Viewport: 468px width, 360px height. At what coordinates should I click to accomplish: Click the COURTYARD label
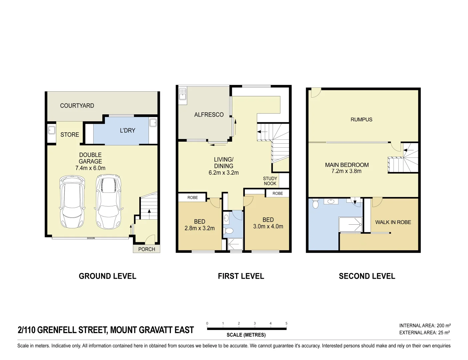pyautogui.click(x=77, y=106)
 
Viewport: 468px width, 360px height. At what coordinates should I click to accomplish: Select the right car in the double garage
pyautogui.click(x=109, y=202)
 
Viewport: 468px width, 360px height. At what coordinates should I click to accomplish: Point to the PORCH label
pyautogui.click(x=147, y=249)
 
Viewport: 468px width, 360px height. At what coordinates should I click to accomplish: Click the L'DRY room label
pyautogui.click(x=128, y=130)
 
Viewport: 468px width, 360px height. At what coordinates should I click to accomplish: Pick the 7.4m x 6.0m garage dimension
pyautogui.click(x=90, y=168)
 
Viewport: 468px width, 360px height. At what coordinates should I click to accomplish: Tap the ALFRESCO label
pyautogui.click(x=209, y=115)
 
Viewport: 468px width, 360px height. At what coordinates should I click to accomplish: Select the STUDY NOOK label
pyautogui.click(x=270, y=181)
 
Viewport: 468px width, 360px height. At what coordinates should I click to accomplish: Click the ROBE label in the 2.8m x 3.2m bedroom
pyautogui.click(x=193, y=198)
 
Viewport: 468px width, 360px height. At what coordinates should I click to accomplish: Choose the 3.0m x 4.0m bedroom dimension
pyautogui.click(x=268, y=226)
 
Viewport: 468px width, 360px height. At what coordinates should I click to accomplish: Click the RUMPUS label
pyautogui.click(x=361, y=119)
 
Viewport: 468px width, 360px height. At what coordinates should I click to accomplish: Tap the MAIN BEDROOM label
pyautogui.click(x=347, y=165)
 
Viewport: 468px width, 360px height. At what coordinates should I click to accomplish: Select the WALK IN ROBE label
pyautogui.click(x=393, y=222)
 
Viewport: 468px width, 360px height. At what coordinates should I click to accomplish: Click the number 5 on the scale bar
pyautogui.click(x=286, y=323)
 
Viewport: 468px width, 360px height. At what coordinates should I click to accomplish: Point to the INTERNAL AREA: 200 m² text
pyautogui.click(x=425, y=326)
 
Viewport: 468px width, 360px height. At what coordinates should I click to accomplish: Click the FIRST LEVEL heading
pyautogui.click(x=241, y=276)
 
